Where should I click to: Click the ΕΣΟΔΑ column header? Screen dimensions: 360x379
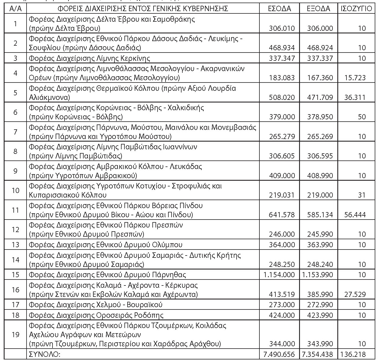[x=279, y=9]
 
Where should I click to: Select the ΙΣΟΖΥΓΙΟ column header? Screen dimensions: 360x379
[x=356, y=9]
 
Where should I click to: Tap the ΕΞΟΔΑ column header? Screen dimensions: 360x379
[x=318, y=9]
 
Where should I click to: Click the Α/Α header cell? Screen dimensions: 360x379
[x=15, y=9]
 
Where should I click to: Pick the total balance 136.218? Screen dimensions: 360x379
[x=353, y=354]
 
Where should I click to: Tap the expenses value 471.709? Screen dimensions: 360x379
[x=320, y=97]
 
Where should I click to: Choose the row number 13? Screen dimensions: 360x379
[x=15, y=245]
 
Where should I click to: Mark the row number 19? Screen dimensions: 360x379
[x=15, y=334]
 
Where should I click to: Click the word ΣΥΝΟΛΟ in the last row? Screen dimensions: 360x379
[x=45, y=354]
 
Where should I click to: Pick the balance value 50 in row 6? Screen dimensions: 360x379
[x=362, y=117]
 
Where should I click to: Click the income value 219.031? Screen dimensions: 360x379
[x=282, y=195]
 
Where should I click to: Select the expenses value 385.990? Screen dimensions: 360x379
[x=320, y=294]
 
